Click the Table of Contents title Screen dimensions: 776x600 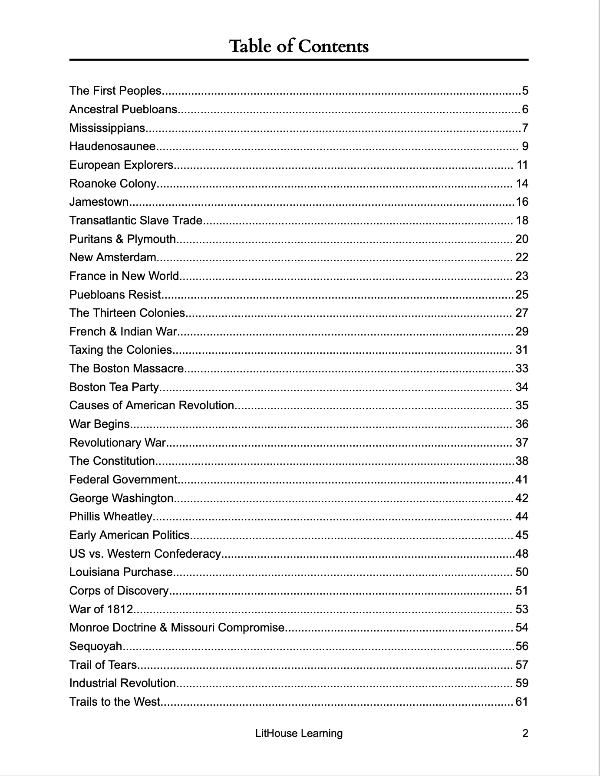pos(299,46)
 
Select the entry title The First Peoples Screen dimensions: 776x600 pos(115,91)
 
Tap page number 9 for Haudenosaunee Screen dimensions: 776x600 pos(525,146)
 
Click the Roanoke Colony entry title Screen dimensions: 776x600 pos(112,184)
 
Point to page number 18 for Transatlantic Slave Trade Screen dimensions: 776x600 pos(522,220)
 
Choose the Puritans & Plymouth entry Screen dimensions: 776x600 pos(122,239)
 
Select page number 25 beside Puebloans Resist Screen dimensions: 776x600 pos(522,295)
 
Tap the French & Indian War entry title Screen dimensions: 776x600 pos(123,332)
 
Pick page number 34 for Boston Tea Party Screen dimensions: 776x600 pos(522,387)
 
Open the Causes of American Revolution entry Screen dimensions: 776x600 pos(152,405)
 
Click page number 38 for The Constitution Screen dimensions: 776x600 pos(522,461)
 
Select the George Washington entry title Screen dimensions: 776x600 pos(122,498)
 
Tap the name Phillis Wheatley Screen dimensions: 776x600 pos(111,516)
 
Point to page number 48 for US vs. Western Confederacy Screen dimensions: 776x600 pos(522,554)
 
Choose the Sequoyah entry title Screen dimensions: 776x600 pos(96,646)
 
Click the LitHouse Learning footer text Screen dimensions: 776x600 pos(299,733)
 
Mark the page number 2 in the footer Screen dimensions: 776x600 pos(525,733)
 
